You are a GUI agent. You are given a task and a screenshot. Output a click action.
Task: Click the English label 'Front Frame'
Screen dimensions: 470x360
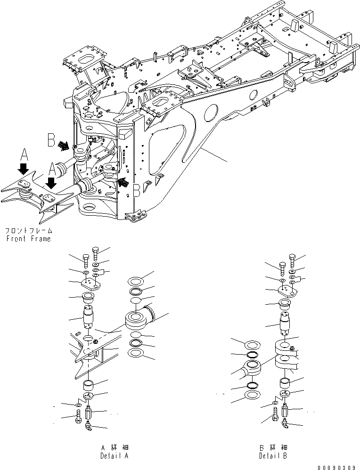(29, 239)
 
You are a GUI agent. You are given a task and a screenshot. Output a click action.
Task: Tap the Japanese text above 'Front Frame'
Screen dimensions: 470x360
(28, 231)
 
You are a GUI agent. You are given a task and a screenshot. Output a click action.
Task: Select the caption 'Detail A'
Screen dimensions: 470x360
(114, 456)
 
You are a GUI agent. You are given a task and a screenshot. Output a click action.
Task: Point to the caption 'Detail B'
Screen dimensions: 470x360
(273, 456)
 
